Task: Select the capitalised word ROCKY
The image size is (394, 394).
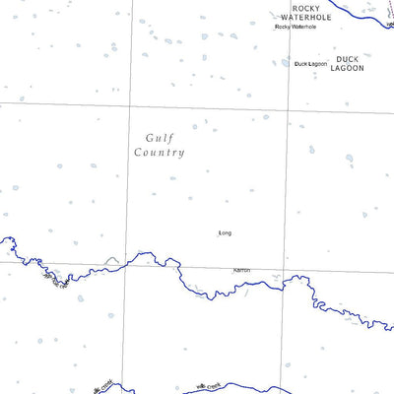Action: [300, 7]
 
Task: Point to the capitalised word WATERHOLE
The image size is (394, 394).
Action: [300, 17]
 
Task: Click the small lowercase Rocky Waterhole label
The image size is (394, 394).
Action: [296, 27]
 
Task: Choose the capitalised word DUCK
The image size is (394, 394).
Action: [348, 59]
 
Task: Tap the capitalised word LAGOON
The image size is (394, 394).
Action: [348, 68]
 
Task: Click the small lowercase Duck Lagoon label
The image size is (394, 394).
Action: [310, 64]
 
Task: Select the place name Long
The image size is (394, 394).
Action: [225, 233]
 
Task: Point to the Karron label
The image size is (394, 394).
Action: [241, 269]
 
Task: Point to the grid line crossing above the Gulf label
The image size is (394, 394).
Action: [129, 102]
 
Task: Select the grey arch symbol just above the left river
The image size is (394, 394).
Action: [111, 260]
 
